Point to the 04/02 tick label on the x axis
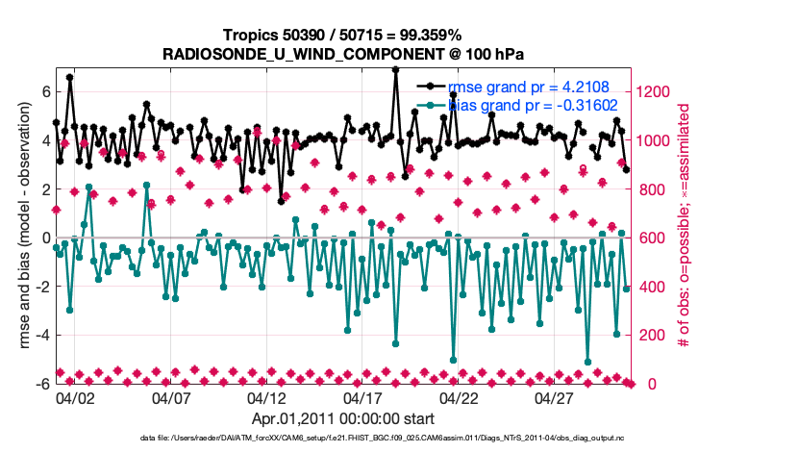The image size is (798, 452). (75, 397)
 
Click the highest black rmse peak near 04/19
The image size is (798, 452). (396, 70)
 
